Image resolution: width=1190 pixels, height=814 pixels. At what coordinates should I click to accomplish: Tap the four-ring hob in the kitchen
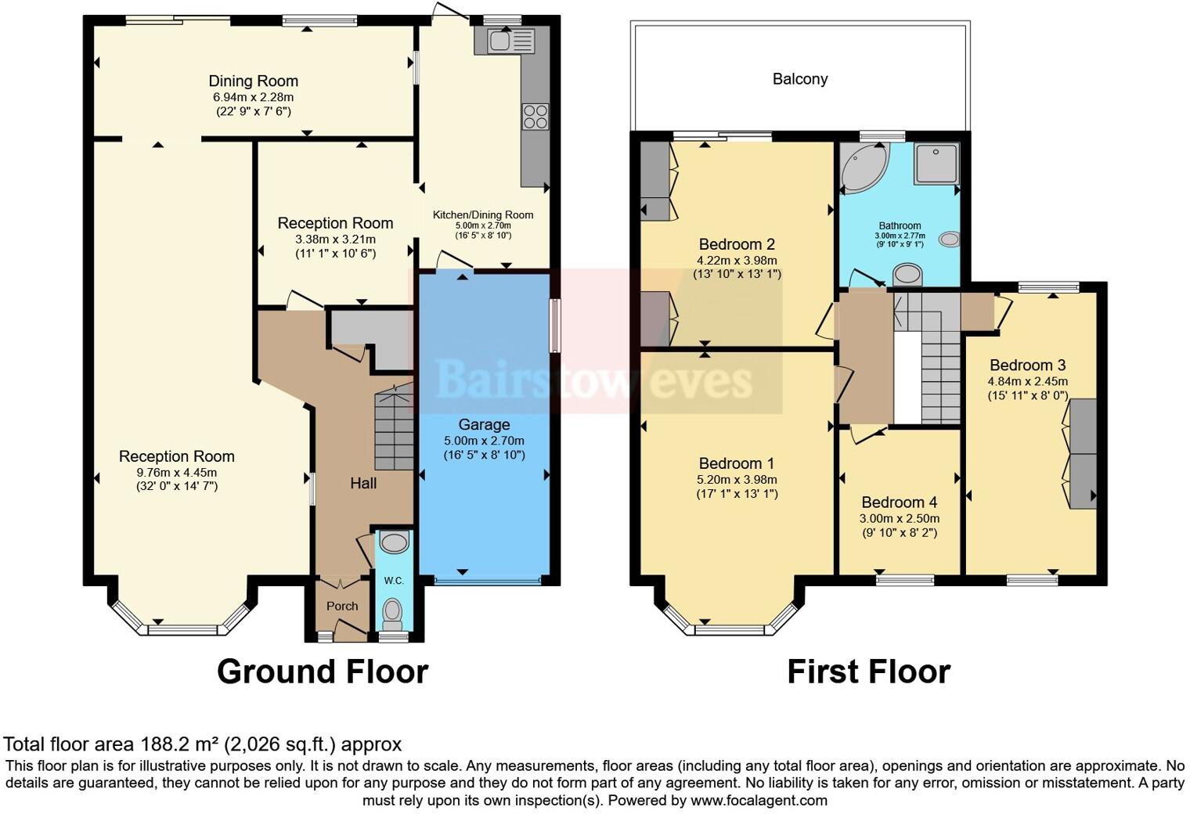click(535, 117)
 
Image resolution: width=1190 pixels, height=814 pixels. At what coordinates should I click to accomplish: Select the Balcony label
click(799, 79)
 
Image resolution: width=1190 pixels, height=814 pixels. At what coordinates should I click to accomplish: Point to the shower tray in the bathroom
click(936, 164)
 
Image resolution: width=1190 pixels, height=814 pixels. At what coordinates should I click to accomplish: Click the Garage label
click(484, 425)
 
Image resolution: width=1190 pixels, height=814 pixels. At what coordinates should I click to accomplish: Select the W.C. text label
click(394, 580)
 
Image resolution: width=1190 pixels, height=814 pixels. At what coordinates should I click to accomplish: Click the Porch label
click(342, 606)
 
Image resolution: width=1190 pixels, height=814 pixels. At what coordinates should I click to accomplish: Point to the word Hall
click(363, 484)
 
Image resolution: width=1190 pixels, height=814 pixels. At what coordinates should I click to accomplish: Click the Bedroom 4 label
click(899, 502)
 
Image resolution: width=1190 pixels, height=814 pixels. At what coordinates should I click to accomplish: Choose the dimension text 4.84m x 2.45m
click(1027, 381)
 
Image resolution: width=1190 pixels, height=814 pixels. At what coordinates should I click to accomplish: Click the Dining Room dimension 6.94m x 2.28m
click(253, 97)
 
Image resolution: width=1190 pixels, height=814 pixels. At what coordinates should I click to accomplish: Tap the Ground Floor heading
click(322, 672)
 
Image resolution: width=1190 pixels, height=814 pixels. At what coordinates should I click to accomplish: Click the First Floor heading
click(868, 672)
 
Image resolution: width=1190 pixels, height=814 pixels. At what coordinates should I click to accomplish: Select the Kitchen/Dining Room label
click(483, 214)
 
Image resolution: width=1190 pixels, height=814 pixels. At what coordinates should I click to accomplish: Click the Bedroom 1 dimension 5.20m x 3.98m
click(737, 480)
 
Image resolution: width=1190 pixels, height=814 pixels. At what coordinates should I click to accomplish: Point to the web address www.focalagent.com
click(759, 800)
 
